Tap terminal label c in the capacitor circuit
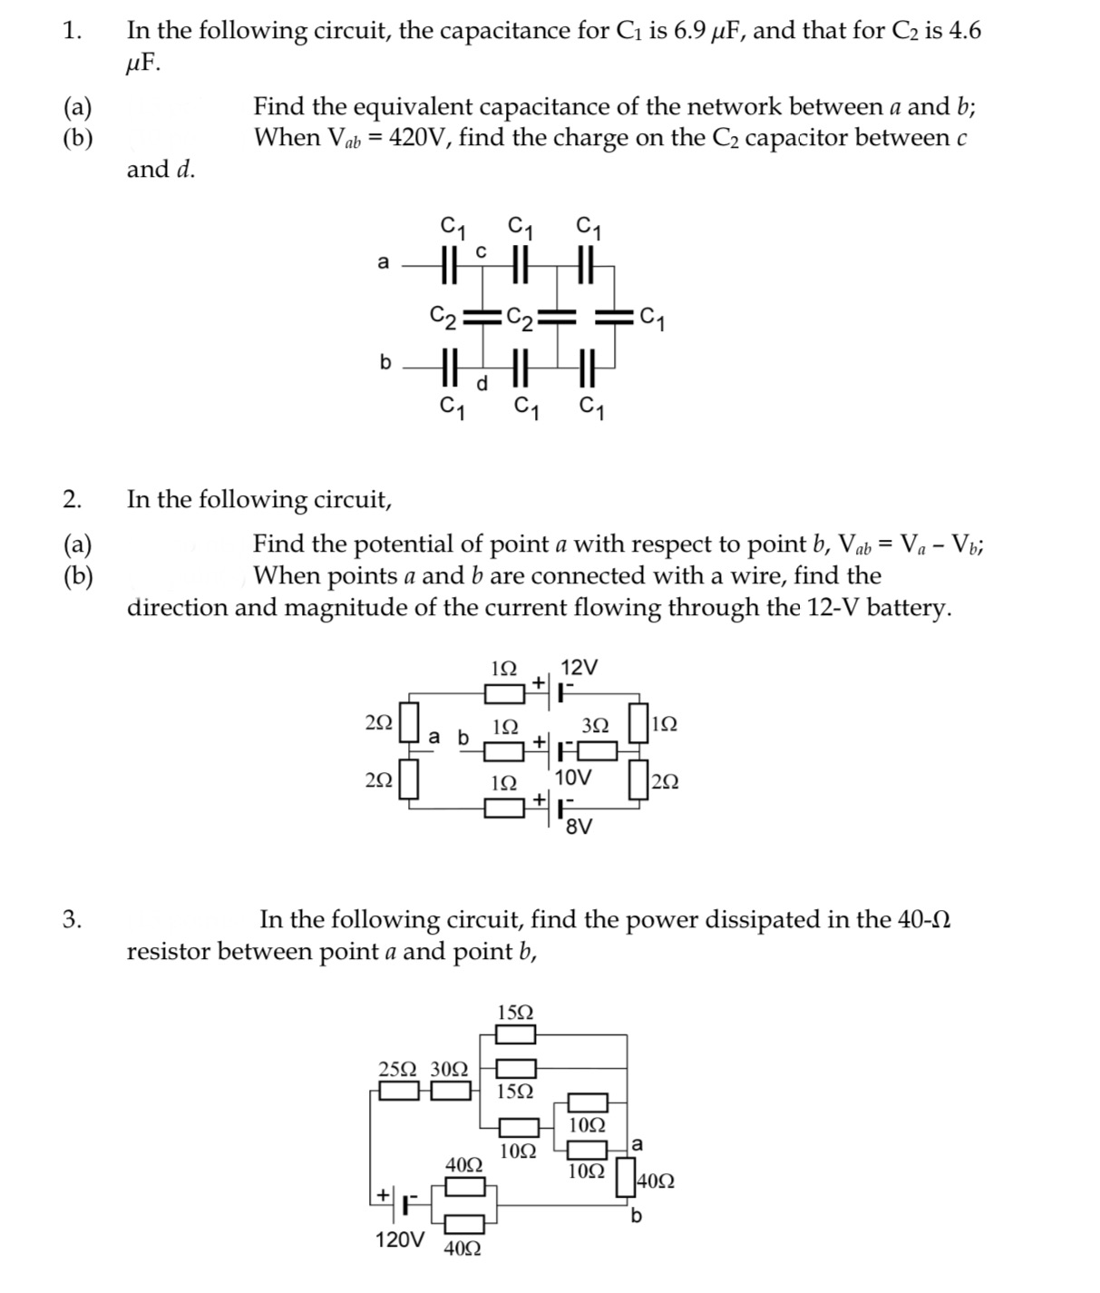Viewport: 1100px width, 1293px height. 482,250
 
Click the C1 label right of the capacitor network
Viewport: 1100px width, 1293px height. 653,318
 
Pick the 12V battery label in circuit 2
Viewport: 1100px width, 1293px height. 579,667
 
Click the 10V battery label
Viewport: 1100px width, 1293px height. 573,778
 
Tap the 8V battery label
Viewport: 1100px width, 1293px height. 579,827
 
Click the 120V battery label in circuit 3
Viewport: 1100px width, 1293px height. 399,1239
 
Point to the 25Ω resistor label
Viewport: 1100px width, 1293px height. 396,1068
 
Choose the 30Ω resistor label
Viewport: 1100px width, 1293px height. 449,1068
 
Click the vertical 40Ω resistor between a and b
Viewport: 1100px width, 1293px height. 627,1177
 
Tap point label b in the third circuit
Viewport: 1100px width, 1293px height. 636,1217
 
